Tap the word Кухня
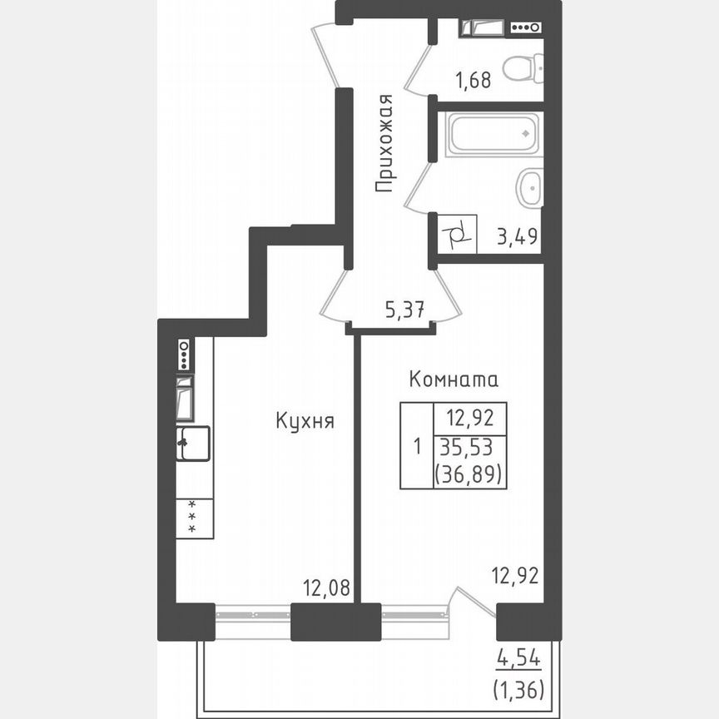click(305, 422)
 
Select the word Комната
click(454, 380)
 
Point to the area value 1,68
click(473, 81)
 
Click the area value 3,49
click(518, 237)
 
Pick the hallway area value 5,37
click(405, 310)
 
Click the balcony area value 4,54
click(518, 660)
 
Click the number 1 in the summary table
click(417, 446)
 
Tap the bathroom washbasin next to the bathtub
click(529, 188)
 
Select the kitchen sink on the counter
click(193, 444)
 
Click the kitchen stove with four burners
click(184, 355)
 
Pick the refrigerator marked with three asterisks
click(194, 517)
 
